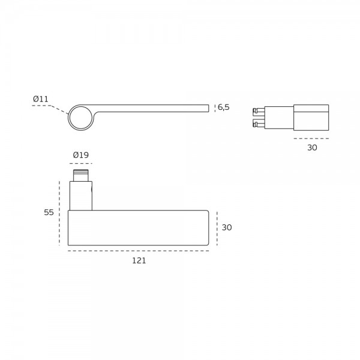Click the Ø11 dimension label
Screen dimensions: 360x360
[41, 99]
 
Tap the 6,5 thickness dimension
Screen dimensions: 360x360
[223, 107]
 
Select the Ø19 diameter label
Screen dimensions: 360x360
[81, 155]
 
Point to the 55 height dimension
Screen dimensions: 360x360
[49, 212]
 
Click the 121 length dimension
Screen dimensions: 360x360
[139, 260]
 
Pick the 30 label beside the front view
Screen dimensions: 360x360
[227, 227]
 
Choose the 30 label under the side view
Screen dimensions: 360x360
[312, 148]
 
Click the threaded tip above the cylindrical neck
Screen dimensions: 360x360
[81, 175]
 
